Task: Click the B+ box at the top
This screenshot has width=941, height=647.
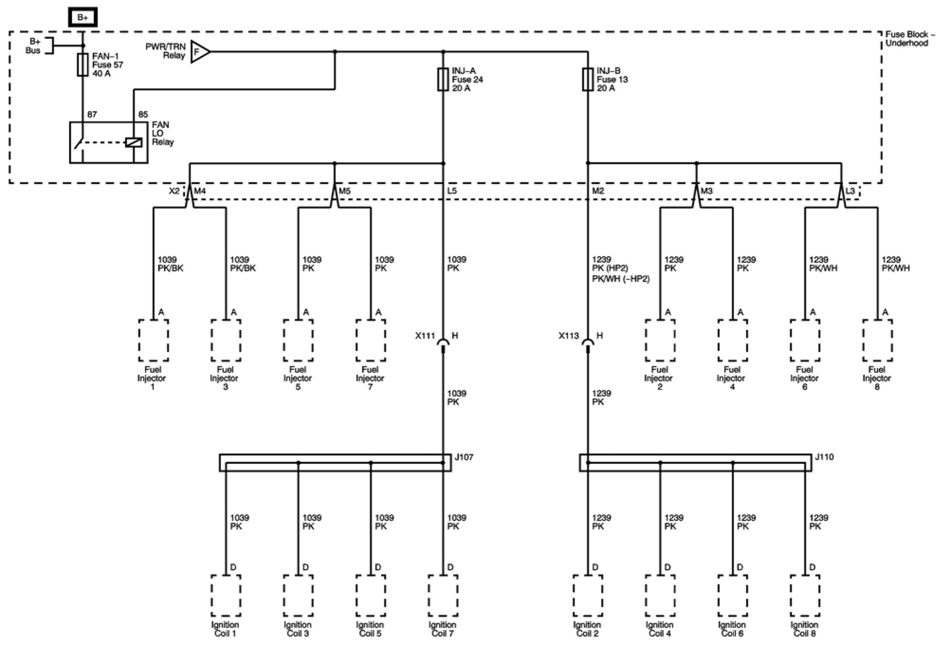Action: pos(83,18)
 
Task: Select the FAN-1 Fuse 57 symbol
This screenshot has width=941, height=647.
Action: pos(83,65)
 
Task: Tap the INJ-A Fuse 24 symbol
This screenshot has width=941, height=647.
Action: pos(443,79)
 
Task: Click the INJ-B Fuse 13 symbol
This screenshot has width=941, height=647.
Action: pos(588,79)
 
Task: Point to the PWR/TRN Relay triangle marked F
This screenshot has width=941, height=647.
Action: pos(199,51)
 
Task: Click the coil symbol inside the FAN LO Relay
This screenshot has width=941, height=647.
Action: pos(133,142)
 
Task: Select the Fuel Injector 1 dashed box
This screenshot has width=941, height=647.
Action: pos(153,340)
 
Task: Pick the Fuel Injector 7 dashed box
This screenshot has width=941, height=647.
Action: pos(370,340)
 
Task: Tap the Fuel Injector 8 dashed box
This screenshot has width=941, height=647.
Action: pos(877,340)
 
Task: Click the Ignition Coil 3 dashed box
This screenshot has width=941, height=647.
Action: pos(298,596)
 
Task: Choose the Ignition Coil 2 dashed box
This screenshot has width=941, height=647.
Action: pos(588,596)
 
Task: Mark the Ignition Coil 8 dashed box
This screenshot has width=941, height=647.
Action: pos(805,596)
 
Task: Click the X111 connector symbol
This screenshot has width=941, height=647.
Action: pos(443,343)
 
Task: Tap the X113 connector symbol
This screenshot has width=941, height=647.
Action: pos(588,343)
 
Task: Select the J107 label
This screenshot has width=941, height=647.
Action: pos(463,457)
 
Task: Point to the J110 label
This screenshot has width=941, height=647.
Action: pos(824,457)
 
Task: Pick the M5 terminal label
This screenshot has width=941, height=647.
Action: pos(345,191)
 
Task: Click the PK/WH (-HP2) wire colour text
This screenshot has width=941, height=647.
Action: pos(620,279)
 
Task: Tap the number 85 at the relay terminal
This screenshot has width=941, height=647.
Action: pos(143,114)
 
